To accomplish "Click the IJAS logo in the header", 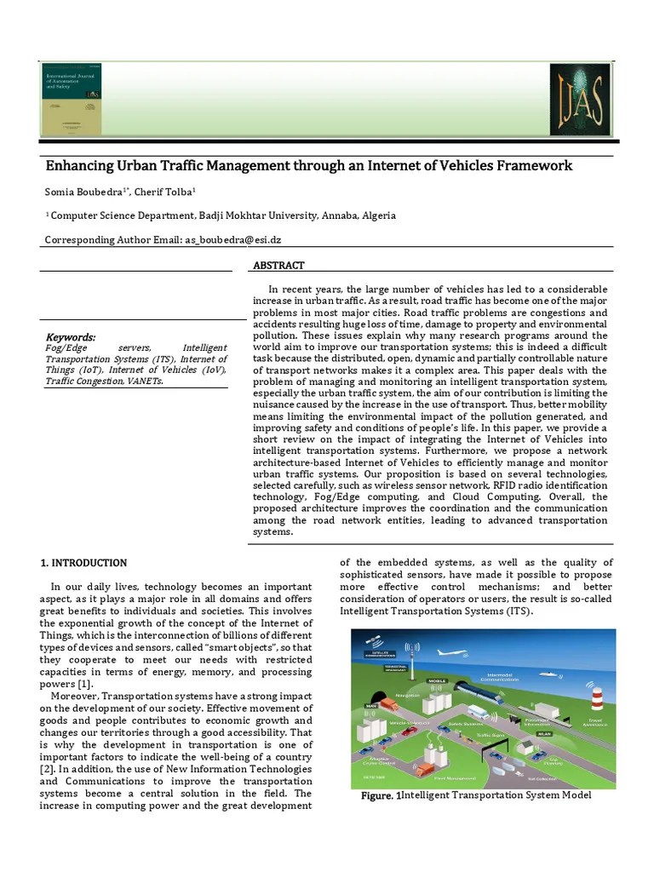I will coord(579,100).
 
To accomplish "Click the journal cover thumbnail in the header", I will coord(71,100).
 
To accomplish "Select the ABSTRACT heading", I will coord(278,266).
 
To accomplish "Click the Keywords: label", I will coord(70,337).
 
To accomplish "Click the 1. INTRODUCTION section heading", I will coord(83,563).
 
